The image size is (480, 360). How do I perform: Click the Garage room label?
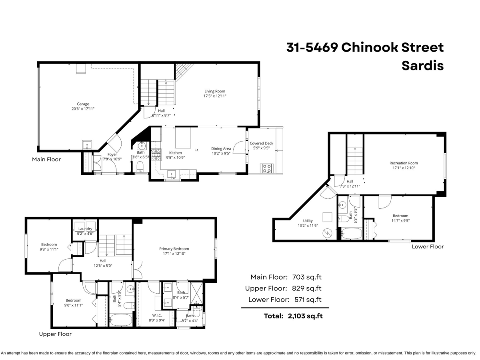point(83,104)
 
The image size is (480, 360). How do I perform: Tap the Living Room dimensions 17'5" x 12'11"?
point(215,96)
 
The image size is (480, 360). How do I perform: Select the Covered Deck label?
point(262,143)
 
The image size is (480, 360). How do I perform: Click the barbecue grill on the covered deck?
point(267,168)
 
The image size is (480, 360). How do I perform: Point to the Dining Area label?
point(221,149)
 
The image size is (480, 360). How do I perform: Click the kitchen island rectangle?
point(183,138)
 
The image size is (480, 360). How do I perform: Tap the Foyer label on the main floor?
point(112,154)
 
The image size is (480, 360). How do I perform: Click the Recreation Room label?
point(404,163)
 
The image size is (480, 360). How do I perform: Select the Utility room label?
point(308,221)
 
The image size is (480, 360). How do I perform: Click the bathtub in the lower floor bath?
point(352,234)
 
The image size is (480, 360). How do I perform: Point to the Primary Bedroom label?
point(174,249)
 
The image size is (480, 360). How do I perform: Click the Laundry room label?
point(85,229)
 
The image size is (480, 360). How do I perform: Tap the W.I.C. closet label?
point(157,316)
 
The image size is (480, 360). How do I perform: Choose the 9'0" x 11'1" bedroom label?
point(74,305)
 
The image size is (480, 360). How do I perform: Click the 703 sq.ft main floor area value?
point(307,277)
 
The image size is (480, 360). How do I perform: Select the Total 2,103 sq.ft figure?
point(293,316)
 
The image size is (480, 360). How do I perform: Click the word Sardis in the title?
point(423,66)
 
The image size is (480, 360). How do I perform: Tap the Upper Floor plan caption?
point(55,334)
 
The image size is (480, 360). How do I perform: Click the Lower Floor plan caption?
point(428,246)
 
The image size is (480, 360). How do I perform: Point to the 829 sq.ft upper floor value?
point(307,288)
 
